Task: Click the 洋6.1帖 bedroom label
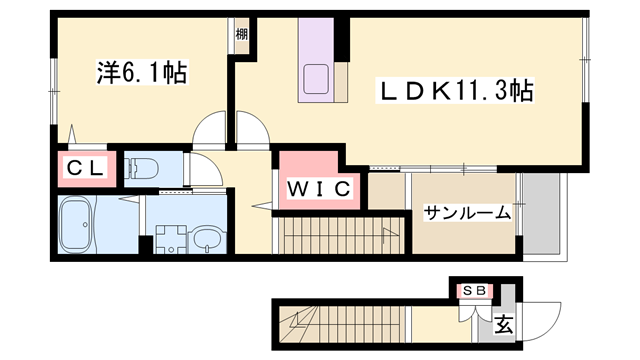pos(143,73)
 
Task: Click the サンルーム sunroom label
pos(467,212)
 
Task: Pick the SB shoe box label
pos(475,290)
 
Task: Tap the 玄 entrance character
pos(505,324)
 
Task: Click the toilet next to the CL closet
pos(142,169)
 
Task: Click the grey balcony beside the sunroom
pos(545,215)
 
